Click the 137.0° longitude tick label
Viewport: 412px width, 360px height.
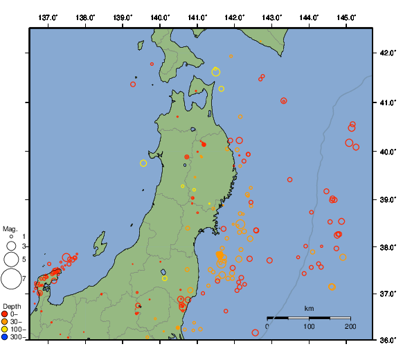click(x=48, y=17)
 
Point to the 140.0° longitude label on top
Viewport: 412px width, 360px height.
click(x=160, y=17)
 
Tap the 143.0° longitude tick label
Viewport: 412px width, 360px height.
click(x=271, y=17)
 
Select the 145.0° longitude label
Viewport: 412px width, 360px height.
click(x=346, y=17)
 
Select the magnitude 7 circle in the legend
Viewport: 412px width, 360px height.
click(x=11, y=279)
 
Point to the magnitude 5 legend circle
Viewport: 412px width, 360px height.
click(x=11, y=260)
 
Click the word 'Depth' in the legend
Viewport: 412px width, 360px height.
click(x=11, y=306)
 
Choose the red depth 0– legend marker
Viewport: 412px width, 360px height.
click(x=5, y=314)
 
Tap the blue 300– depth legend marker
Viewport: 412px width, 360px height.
click(x=5, y=337)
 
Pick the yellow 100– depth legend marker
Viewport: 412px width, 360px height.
click(x=5, y=330)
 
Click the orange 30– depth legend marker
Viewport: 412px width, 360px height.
click(x=5, y=322)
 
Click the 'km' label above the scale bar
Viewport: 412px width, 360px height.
click(x=309, y=308)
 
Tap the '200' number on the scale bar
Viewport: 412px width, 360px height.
click(x=350, y=326)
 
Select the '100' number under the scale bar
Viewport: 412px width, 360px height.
click(x=309, y=326)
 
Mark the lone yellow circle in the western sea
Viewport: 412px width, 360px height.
click(x=143, y=163)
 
